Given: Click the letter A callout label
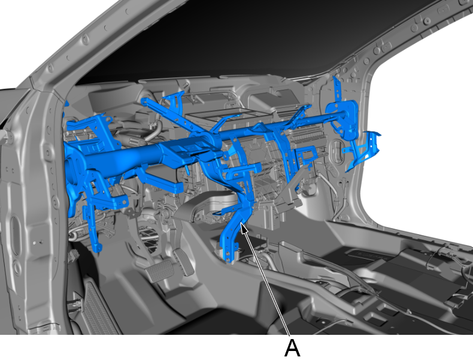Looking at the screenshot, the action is (x=292, y=348).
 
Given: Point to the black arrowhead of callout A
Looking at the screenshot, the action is (x=244, y=228).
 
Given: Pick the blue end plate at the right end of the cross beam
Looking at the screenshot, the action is (x=344, y=117).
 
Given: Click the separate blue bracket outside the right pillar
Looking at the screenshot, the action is (x=363, y=150).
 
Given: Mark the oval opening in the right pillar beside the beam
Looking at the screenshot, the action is (x=336, y=152).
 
